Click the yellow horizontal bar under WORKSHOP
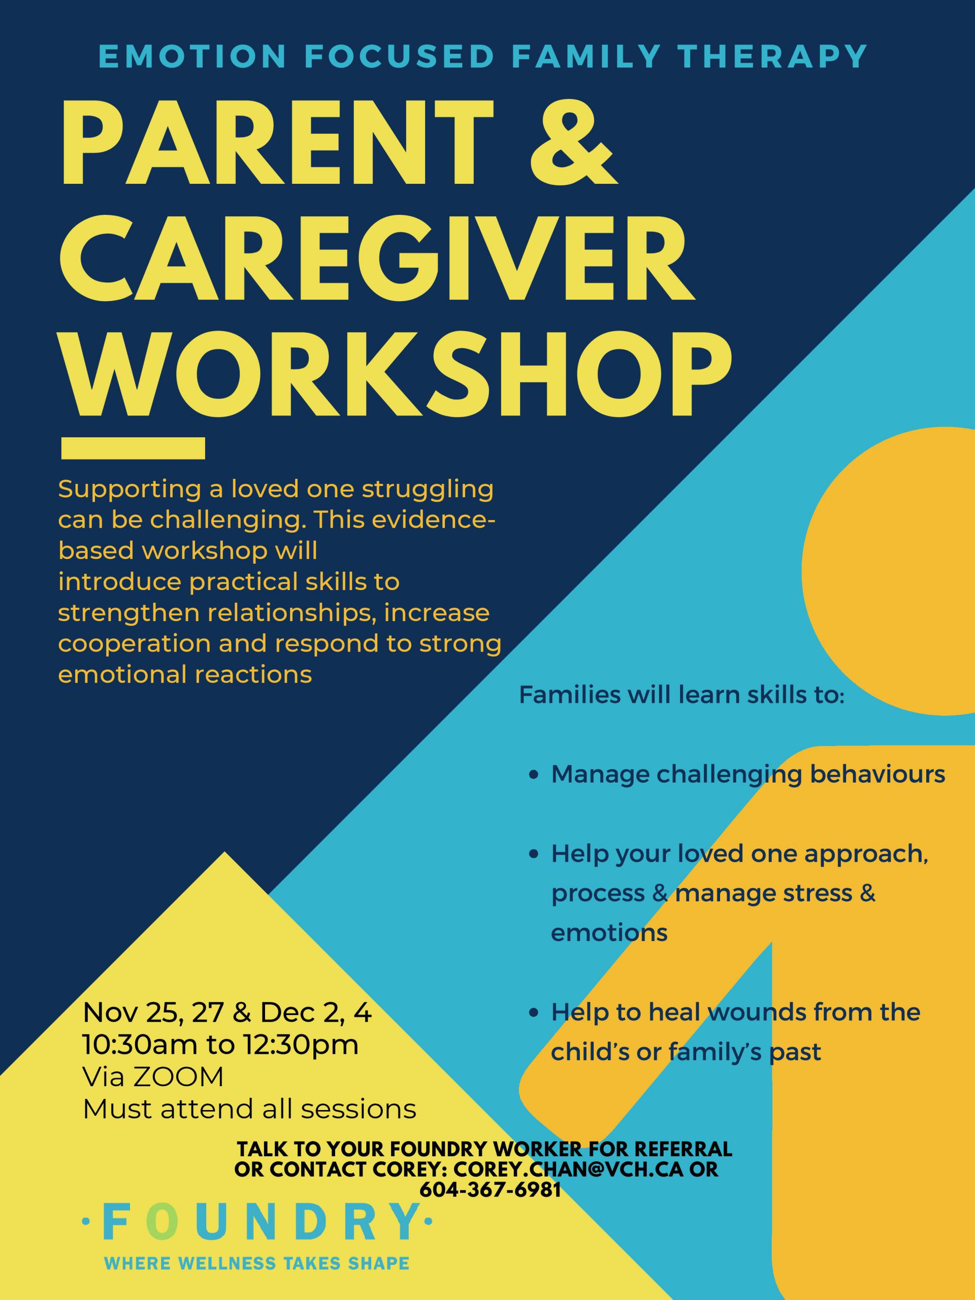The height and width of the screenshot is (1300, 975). click(x=133, y=448)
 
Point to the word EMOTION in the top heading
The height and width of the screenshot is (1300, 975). click(x=193, y=56)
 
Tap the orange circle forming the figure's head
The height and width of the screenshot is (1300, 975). click(x=889, y=571)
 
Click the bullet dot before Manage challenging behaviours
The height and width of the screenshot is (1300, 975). click(x=534, y=776)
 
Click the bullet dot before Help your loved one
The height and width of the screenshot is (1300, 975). click(x=534, y=855)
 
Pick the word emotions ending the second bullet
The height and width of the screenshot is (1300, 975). click(x=609, y=933)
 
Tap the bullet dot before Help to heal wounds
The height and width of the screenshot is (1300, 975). click(x=534, y=1013)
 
